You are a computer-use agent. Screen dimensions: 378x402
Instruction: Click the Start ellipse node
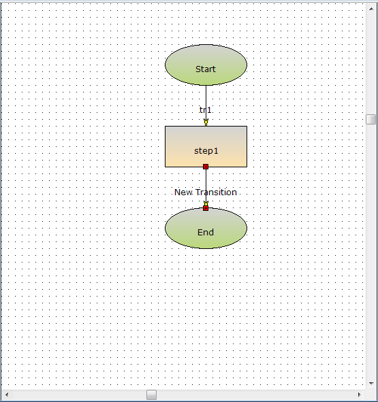[x=206, y=65]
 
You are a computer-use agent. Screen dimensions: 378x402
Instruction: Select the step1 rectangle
[x=206, y=146]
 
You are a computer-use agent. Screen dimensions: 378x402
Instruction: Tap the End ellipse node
[x=206, y=228]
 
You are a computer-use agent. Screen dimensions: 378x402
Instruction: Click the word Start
[x=206, y=69]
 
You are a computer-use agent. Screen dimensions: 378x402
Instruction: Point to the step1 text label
[x=206, y=151]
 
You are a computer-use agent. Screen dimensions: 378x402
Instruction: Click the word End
[x=206, y=232]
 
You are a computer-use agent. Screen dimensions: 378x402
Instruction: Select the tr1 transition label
[x=205, y=110]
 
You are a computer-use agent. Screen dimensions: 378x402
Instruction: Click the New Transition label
[x=206, y=192]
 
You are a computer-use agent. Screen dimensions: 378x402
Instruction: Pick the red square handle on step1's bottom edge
[x=206, y=167]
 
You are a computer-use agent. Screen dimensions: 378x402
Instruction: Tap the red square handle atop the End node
[x=206, y=208]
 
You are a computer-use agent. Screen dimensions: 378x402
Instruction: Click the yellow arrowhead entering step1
[x=206, y=122]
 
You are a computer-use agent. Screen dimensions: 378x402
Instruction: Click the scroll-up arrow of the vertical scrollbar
[x=371, y=9]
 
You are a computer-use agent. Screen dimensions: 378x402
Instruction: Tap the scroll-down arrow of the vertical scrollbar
[x=371, y=384]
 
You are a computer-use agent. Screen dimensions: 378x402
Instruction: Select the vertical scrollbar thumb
[x=371, y=119]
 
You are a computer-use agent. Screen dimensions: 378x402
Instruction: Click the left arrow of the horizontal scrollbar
[x=7, y=395]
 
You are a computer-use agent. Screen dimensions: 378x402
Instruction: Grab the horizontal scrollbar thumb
[x=151, y=395]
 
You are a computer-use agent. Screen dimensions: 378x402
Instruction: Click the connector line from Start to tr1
[x=206, y=96]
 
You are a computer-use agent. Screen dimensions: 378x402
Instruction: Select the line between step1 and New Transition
[x=206, y=179]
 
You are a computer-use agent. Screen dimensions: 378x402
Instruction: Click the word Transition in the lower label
[x=216, y=192]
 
